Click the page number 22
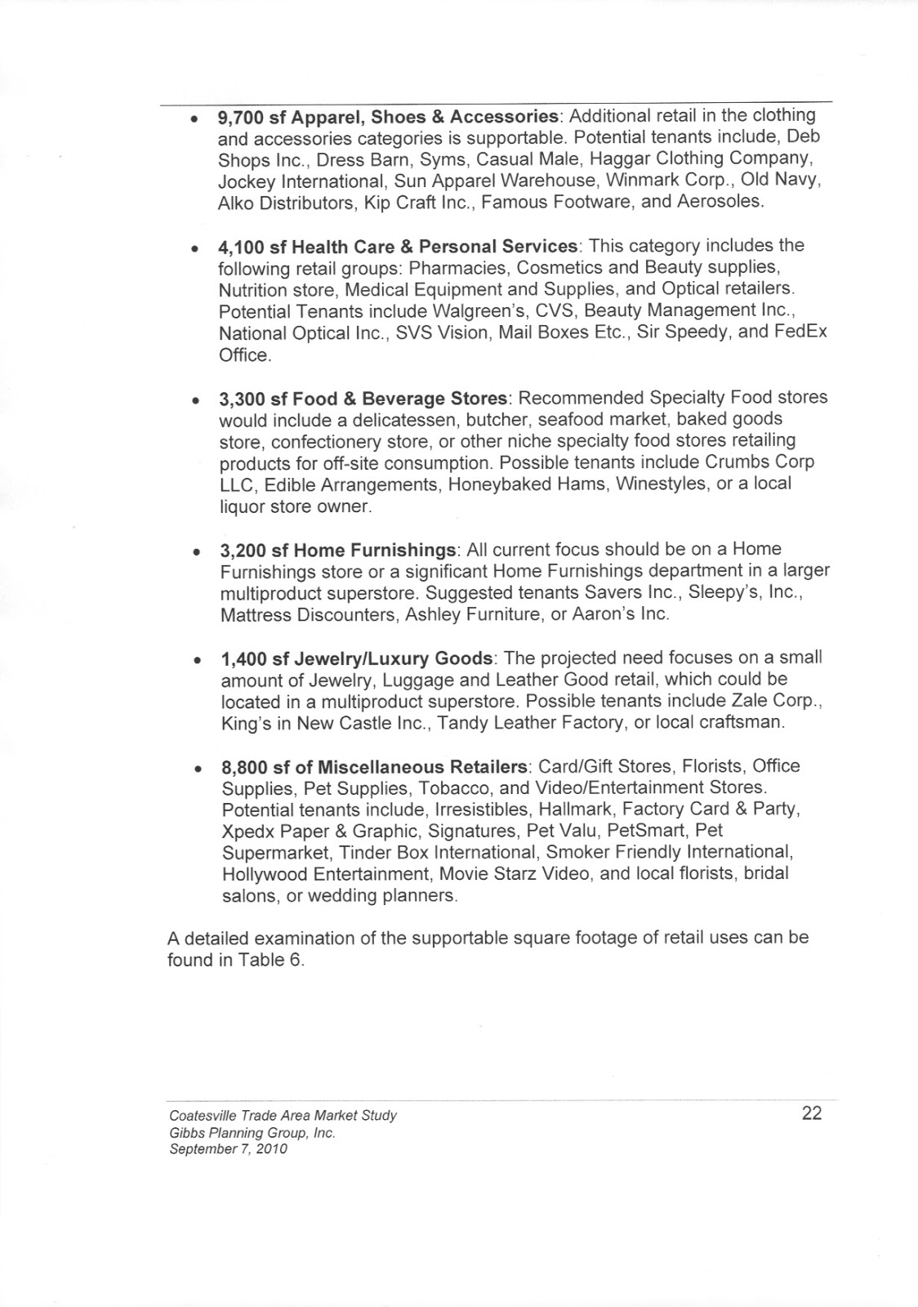(811, 1113)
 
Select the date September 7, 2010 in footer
(228, 1149)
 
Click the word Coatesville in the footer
(202, 1116)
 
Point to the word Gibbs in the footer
(186, 1133)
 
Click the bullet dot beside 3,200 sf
(197, 551)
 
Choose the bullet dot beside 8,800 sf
(197, 769)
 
